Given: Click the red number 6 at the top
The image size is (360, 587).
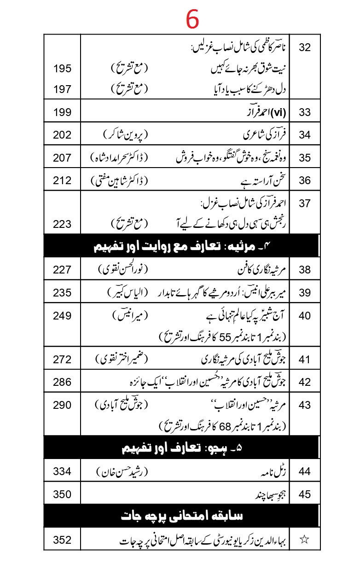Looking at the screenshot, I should (192, 19).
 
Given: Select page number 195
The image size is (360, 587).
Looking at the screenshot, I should (62, 69).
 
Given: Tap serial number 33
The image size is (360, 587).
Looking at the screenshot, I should (305, 112).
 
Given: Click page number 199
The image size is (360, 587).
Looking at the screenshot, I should (62, 112).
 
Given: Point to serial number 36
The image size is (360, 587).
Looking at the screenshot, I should (305, 180).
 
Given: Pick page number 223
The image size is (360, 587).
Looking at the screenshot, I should (62, 224).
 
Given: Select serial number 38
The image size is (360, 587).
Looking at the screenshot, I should (305, 270).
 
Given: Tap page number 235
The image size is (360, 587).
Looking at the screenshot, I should (62, 293).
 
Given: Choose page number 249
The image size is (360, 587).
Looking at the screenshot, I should (62, 316).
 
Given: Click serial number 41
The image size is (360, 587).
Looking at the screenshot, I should (305, 359).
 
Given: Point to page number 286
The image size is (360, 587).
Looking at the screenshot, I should (62, 382).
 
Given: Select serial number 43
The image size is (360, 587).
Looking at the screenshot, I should (305, 405).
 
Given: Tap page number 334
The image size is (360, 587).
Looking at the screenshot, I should (62, 471).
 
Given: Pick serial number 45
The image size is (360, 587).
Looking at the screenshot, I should (305, 494).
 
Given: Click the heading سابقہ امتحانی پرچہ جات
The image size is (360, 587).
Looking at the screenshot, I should (180, 517).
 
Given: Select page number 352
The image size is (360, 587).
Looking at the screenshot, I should (62, 540).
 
